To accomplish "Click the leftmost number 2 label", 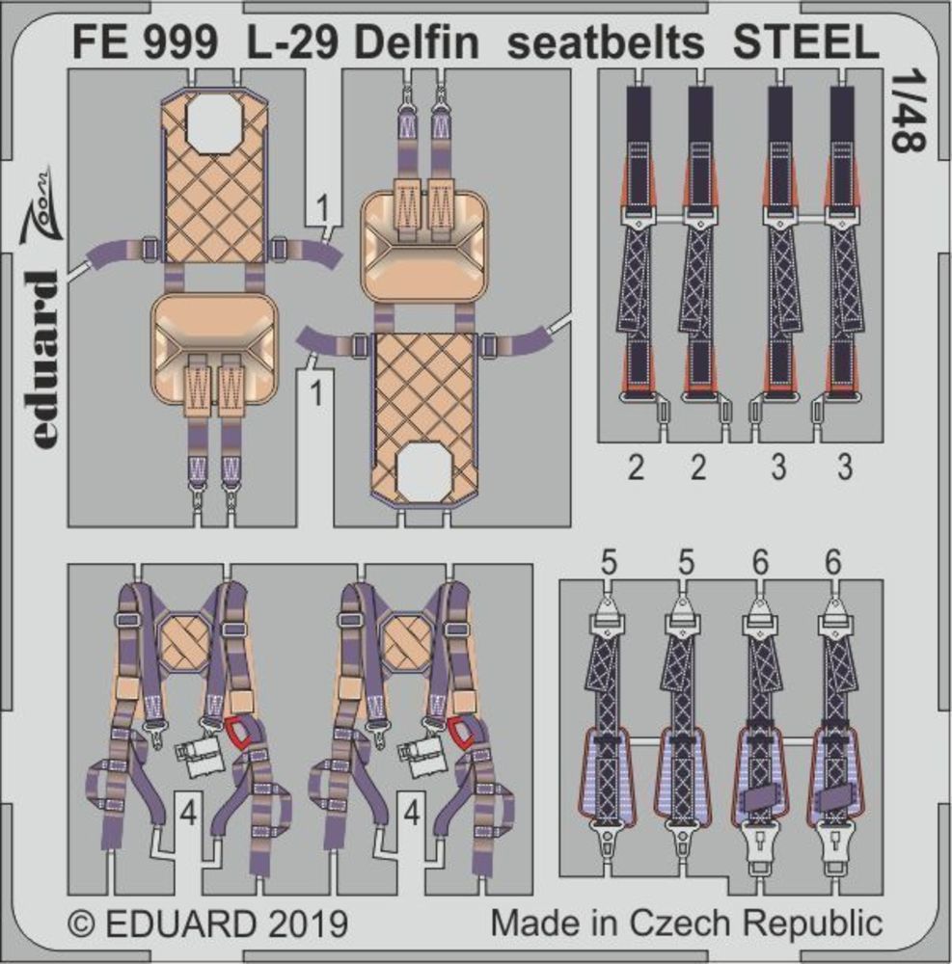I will tap(636, 469).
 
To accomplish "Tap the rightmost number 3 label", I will tap(844, 469).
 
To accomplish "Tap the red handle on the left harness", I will tap(235, 734).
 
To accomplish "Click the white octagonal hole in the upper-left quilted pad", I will tap(214, 123).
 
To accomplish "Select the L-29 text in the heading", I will tap(289, 42).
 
